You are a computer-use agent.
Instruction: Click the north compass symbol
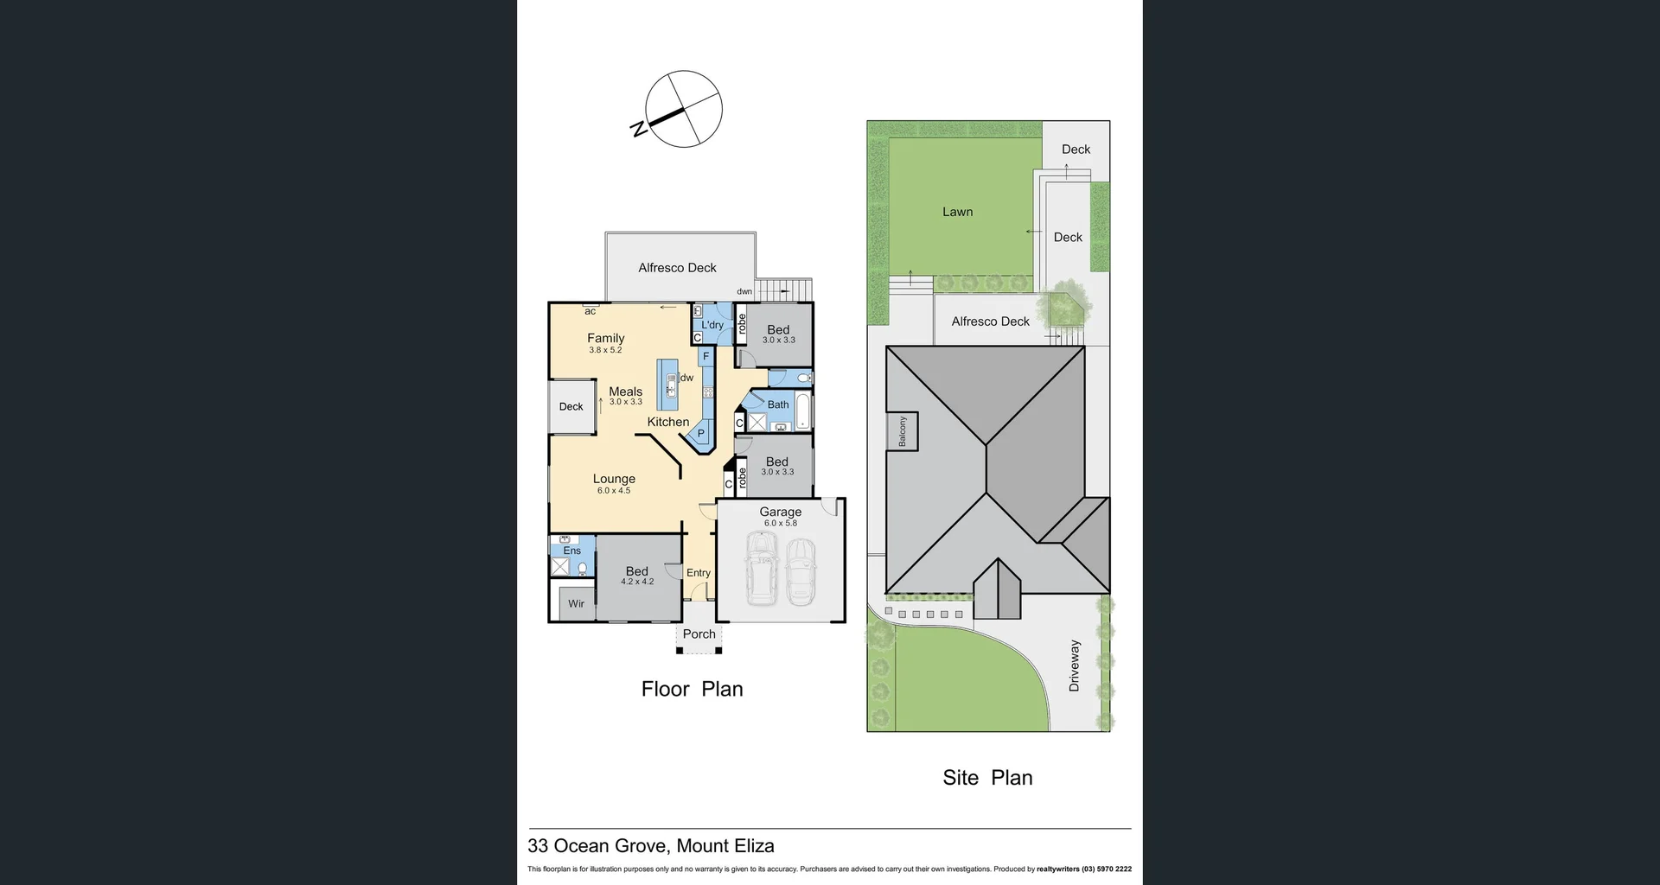(683, 110)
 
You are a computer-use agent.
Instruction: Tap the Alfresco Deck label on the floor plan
(677, 268)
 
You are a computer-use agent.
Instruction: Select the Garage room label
(780, 512)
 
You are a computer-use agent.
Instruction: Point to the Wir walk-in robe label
(576, 603)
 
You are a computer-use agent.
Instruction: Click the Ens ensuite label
(571, 551)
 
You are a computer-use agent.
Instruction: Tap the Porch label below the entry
(699, 634)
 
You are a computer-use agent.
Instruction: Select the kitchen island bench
(667, 384)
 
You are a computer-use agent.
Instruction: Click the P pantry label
(701, 433)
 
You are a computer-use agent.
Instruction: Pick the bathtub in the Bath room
(803, 411)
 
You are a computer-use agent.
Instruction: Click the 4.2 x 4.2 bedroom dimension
(637, 582)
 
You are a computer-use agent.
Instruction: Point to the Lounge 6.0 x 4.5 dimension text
(614, 491)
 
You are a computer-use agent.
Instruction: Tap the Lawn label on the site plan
(957, 212)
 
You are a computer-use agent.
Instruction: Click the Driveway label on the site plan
(1075, 665)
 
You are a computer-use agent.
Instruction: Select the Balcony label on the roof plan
(903, 430)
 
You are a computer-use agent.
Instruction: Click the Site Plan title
(987, 777)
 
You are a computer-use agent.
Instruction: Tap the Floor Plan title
(692, 689)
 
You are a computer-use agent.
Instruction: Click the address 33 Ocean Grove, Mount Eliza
(651, 846)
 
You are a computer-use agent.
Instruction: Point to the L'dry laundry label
(712, 325)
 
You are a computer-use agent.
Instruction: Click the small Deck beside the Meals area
(571, 406)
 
